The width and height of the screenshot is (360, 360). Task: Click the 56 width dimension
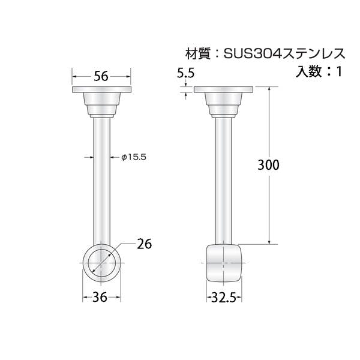coord(101,76)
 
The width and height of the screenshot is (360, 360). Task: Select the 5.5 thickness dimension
coord(186,73)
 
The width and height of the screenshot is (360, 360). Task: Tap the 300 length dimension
coord(268,165)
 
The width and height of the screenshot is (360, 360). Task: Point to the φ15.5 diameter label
coord(134,157)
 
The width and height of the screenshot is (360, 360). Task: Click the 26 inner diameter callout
coord(145,244)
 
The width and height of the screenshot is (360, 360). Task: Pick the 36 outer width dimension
coord(100,297)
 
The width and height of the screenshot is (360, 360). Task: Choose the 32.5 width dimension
coord(224,298)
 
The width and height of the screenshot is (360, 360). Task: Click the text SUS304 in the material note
coord(251,54)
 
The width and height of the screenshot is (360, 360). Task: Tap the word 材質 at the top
coord(198,54)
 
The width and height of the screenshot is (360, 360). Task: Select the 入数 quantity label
coord(308,71)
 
